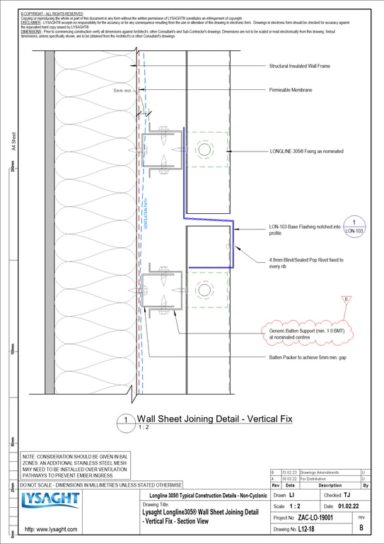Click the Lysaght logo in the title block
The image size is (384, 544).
(x=50, y=501)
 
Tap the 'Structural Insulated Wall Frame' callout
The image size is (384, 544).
(x=299, y=66)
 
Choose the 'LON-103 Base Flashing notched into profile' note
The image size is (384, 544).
(x=305, y=229)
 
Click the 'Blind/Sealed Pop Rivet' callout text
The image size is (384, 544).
(x=306, y=263)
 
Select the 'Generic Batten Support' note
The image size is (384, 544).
(x=304, y=334)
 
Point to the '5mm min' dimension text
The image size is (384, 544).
(x=125, y=91)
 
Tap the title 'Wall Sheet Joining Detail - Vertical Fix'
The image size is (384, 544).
(x=214, y=419)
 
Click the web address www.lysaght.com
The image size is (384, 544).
(x=51, y=530)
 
